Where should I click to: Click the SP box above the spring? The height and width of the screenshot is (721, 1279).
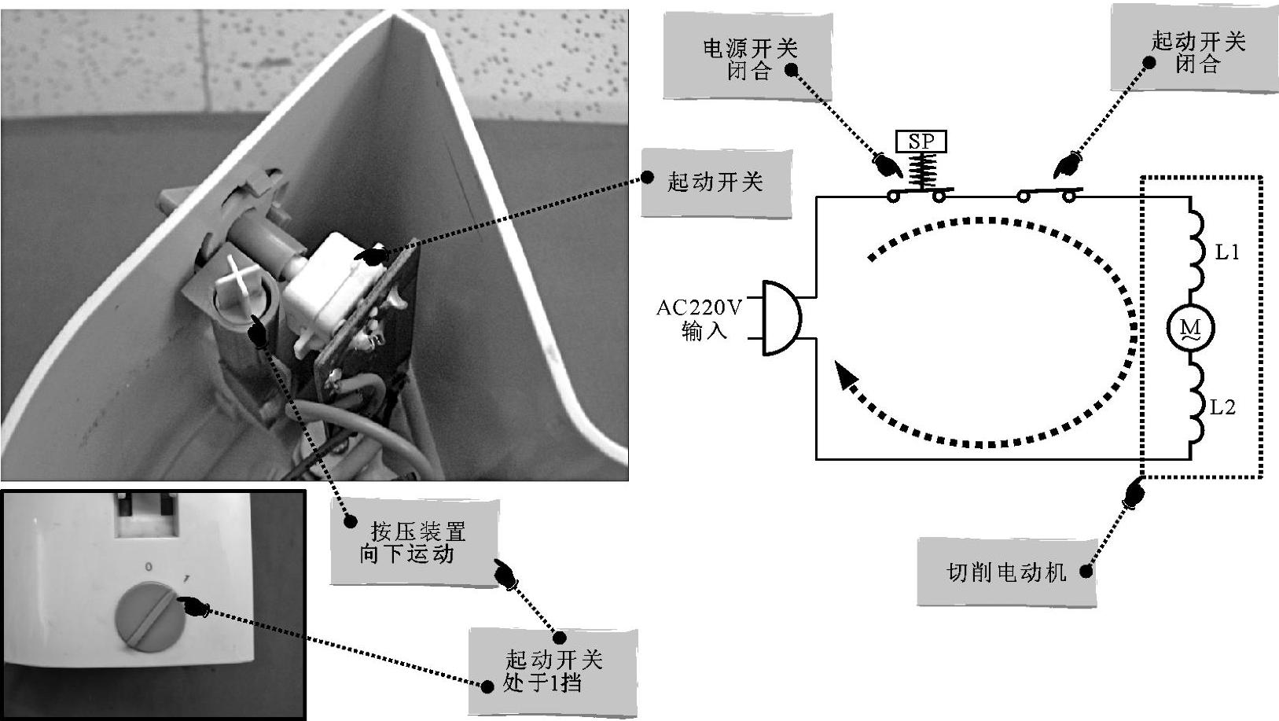(x=921, y=142)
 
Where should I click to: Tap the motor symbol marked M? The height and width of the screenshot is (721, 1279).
(x=1190, y=328)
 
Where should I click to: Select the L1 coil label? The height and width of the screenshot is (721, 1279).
(x=1227, y=252)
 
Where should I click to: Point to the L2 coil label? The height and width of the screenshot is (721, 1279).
(x=1222, y=407)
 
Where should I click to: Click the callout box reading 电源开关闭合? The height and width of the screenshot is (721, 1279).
(x=748, y=59)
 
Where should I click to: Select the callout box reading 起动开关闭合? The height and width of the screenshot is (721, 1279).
(x=1196, y=53)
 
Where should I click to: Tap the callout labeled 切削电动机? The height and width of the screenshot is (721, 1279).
(x=1006, y=572)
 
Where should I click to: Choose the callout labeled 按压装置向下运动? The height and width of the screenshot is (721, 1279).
(x=414, y=543)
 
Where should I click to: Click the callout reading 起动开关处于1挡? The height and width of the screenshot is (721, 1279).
(x=553, y=671)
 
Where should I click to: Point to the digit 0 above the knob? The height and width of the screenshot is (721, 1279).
(x=149, y=566)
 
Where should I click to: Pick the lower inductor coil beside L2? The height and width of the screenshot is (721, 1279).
(x=1195, y=409)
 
